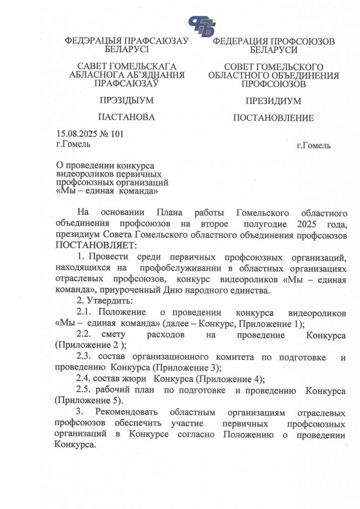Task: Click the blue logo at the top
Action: [x=202, y=25]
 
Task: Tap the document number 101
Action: [x=115, y=134]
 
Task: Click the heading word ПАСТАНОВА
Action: [x=126, y=117]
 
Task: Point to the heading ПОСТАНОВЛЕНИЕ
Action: [x=273, y=118]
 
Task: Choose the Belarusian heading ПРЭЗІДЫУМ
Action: [x=126, y=100]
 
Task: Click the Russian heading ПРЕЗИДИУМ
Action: [x=273, y=101]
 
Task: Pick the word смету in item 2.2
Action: [x=114, y=335]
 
